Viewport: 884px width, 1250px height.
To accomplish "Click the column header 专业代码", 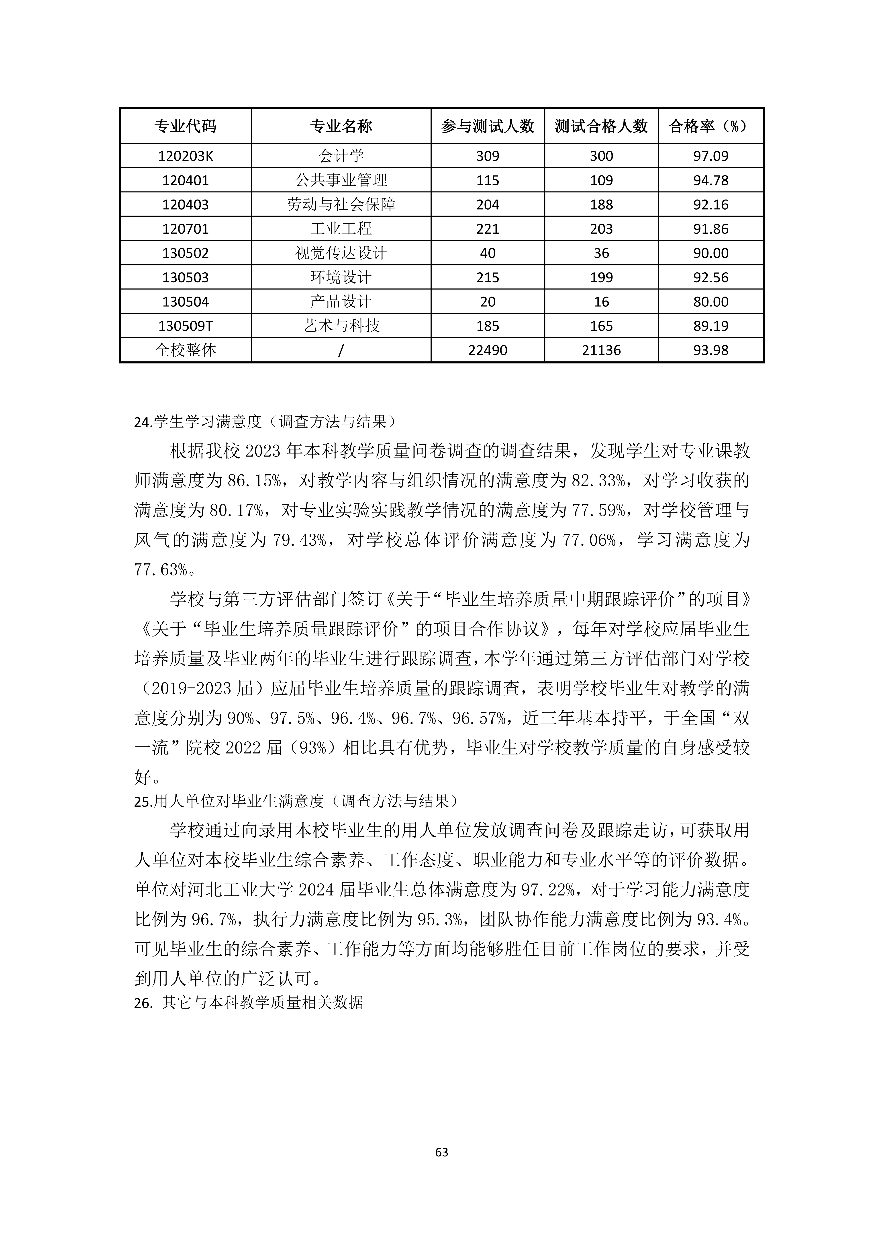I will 186,126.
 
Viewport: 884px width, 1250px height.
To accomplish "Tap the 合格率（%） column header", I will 710,126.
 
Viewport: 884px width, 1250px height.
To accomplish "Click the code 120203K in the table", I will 186,156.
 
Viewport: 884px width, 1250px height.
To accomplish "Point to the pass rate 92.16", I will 710,205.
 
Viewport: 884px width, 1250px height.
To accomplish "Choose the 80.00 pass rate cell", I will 710,302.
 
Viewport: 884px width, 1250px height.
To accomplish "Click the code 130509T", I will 186,326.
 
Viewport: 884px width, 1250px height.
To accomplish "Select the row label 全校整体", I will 186,350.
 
